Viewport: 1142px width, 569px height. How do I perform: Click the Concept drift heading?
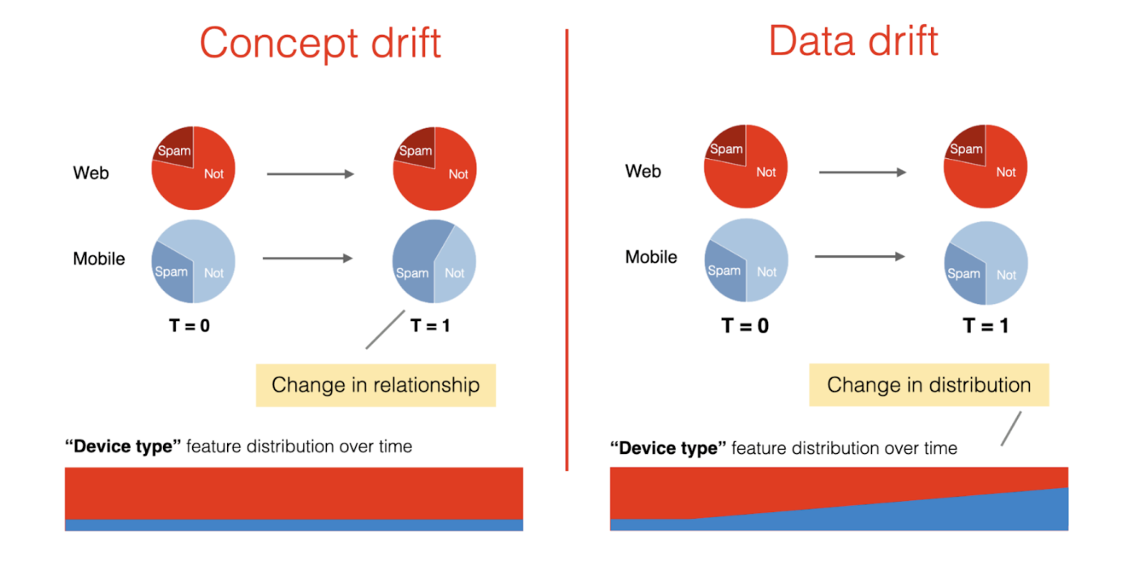(x=320, y=42)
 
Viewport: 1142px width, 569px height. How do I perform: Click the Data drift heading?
(x=853, y=41)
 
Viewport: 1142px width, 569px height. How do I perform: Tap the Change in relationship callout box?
(x=376, y=385)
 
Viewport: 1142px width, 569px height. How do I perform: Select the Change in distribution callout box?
(x=929, y=385)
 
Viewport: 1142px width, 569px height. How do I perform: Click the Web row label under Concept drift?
(x=91, y=173)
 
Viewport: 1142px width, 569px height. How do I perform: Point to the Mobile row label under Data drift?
(x=651, y=257)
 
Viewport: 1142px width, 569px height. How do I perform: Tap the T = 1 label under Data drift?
(x=985, y=326)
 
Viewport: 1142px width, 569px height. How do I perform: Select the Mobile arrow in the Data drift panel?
(x=860, y=257)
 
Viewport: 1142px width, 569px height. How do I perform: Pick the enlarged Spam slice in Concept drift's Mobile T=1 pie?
(x=414, y=259)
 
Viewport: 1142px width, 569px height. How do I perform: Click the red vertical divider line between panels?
(x=566, y=243)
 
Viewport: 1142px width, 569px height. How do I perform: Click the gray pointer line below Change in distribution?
(x=1011, y=428)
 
